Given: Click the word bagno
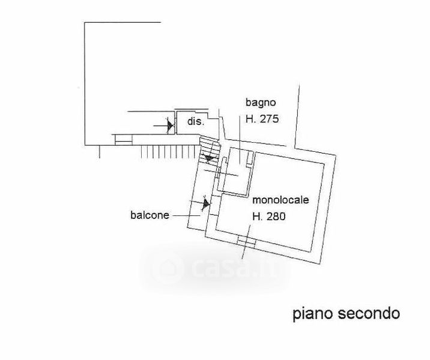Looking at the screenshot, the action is click(x=261, y=103).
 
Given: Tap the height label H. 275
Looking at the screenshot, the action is click(x=262, y=119).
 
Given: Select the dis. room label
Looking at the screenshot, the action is click(x=196, y=121).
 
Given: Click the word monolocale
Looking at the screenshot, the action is click(x=280, y=200).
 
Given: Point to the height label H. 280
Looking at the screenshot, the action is click(x=269, y=217).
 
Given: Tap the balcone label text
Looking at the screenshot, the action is click(x=150, y=215).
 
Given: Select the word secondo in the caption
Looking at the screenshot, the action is click(x=369, y=313).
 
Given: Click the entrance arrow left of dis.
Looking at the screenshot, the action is click(x=164, y=125).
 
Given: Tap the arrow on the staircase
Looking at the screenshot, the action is click(x=209, y=158).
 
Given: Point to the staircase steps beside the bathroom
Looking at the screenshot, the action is click(x=209, y=150).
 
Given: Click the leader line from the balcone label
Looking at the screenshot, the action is click(x=186, y=215).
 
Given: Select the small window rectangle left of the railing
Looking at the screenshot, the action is click(x=123, y=139).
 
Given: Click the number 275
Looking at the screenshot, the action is click(x=269, y=119).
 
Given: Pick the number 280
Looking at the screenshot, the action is click(x=276, y=217).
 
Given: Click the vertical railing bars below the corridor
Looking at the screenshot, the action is click(x=169, y=152).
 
